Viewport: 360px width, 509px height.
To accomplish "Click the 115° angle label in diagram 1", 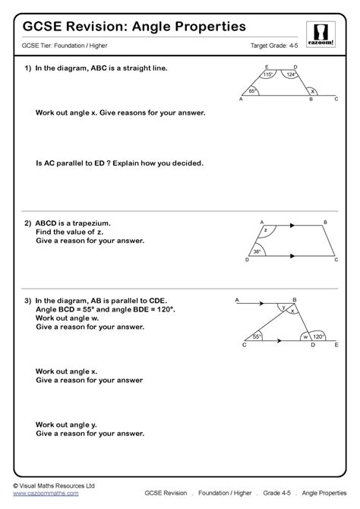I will click(269, 74).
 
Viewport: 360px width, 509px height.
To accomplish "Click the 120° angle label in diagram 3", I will click(318, 335).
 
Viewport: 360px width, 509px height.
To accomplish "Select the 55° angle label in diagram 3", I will click(257, 335).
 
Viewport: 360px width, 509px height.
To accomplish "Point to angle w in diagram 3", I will click(306, 336).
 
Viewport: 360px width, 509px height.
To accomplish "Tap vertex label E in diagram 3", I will click(337, 345).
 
